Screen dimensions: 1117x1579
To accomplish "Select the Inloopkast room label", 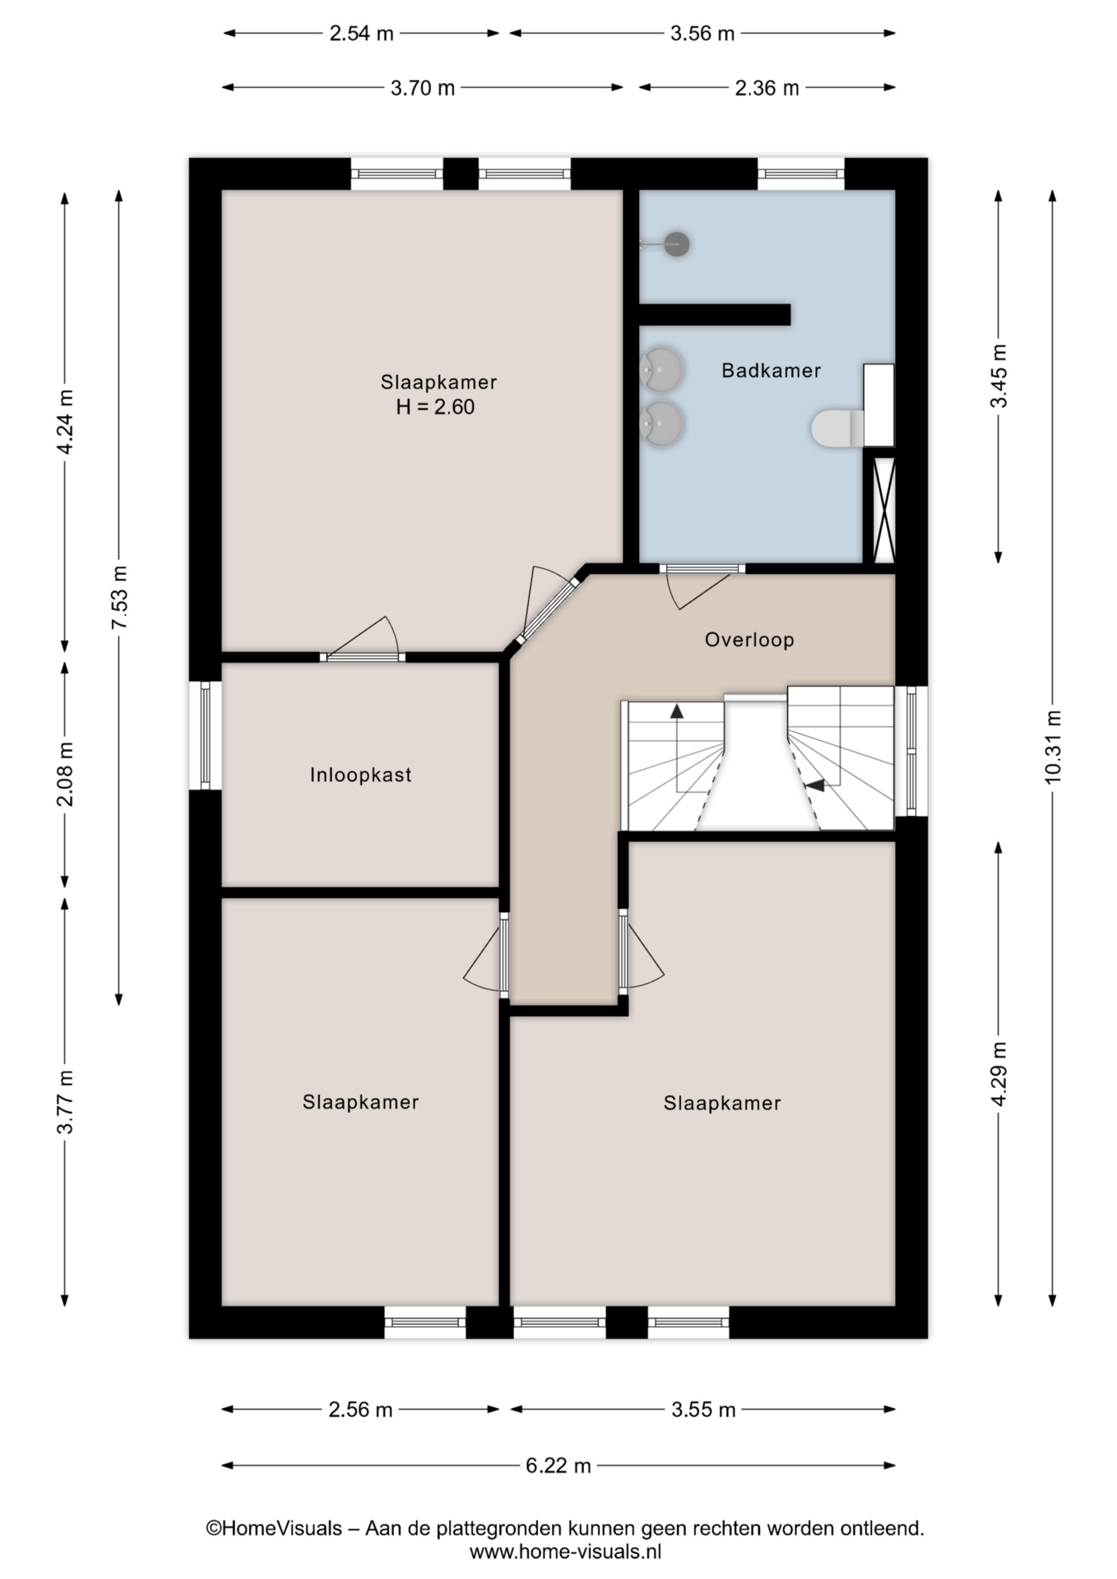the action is [x=360, y=775].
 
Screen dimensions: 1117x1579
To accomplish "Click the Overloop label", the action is [x=749, y=640].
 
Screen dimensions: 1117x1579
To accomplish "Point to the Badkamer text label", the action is [x=771, y=371].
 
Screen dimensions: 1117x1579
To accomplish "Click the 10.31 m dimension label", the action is [x=1053, y=747].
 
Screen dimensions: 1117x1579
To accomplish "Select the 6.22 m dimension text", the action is [x=558, y=1466].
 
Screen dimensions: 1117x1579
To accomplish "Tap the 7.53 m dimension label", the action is [x=119, y=598].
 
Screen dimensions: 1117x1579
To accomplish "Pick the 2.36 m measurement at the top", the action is [x=767, y=88].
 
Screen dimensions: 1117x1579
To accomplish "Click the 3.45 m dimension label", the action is [x=999, y=376].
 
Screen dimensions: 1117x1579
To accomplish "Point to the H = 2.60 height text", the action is [x=435, y=407].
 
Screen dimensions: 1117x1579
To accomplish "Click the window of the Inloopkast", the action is [x=205, y=735].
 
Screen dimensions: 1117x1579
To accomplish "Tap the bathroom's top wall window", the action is [x=800, y=174].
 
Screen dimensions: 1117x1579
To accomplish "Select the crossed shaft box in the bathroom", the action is [x=883, y=509].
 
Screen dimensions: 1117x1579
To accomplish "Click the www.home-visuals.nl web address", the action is [x=566, y=1552].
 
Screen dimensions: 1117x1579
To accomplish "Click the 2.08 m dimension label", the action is [x=65, y=774].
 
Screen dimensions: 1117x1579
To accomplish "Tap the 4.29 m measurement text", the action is [x=999, y=1074].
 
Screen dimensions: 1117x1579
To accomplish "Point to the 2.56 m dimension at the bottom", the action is [x=360, y=1410].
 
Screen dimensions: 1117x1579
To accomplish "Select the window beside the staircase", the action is [x=911, y=751].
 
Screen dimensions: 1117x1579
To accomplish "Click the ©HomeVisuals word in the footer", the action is [x=274, y=1529].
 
